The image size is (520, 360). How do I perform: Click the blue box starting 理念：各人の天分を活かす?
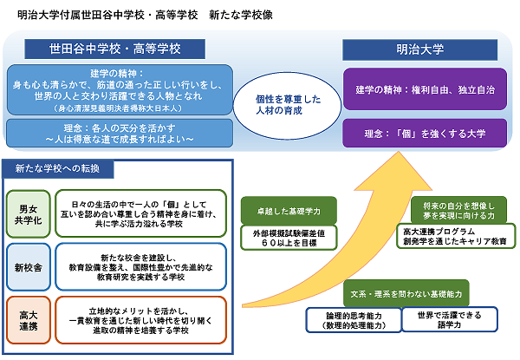pyautogui.click(x=119, y=133)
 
